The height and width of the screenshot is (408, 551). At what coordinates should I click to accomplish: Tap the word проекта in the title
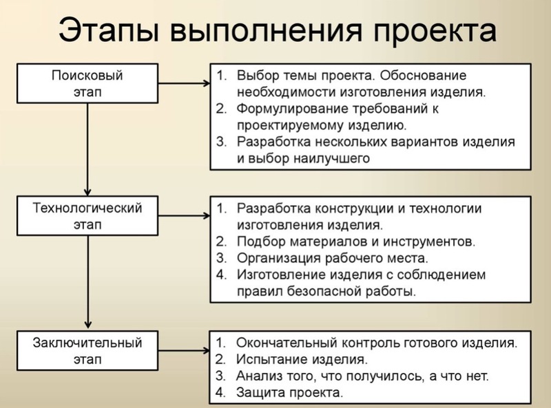tap(435, 32)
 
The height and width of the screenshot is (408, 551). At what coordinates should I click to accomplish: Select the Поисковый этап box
tap(87, 83)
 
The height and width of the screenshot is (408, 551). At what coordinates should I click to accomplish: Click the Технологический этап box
tap(87, 215)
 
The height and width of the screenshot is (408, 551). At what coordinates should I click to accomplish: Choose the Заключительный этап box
tap(87, 350)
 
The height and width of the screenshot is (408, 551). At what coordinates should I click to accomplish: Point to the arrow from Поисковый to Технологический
tap(87, 149)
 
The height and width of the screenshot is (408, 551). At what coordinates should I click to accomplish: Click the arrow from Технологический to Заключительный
tap(87, 282)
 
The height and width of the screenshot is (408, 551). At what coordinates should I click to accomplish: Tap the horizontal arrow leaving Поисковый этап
tap(184, 83)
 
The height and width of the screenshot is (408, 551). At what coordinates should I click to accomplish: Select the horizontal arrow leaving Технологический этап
tap(184, 215)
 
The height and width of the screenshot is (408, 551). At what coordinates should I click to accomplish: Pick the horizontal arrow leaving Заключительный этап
tap(184, 350)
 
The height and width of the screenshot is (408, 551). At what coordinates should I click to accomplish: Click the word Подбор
tap(261, 241)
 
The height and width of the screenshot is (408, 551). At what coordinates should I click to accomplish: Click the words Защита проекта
tap(289, 393)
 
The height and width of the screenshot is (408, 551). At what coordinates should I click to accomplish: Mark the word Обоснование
tap(423, 76)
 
